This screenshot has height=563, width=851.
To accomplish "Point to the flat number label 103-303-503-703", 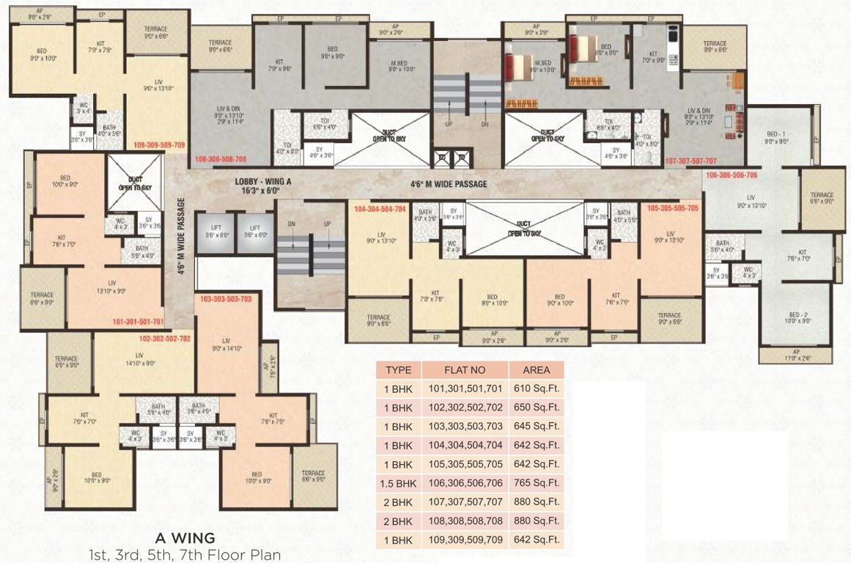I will pyautogui.click(x=226, y=299).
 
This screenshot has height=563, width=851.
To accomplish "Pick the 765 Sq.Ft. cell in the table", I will pyautogui.click(x=537, y=483).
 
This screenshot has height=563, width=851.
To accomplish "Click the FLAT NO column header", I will pyautogui.click(x=465, y=370).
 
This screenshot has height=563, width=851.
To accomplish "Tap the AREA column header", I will pyautogui.click(x=537, y=370).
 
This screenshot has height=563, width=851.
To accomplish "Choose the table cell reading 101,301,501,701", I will pyautogui.click(x=465, y=389).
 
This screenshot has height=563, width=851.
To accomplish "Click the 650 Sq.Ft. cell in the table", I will pyautogui.click(x=537, y=408).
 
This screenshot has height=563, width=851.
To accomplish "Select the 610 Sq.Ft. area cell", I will pyautogui.click(x=537, y=389).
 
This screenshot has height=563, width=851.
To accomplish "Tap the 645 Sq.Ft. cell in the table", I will pyautogui.click(x=537, y=427).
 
